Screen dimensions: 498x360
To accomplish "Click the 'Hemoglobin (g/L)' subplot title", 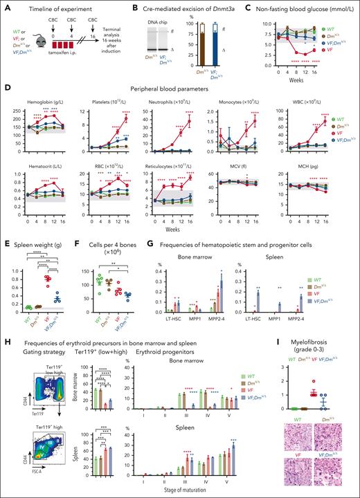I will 40,91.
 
